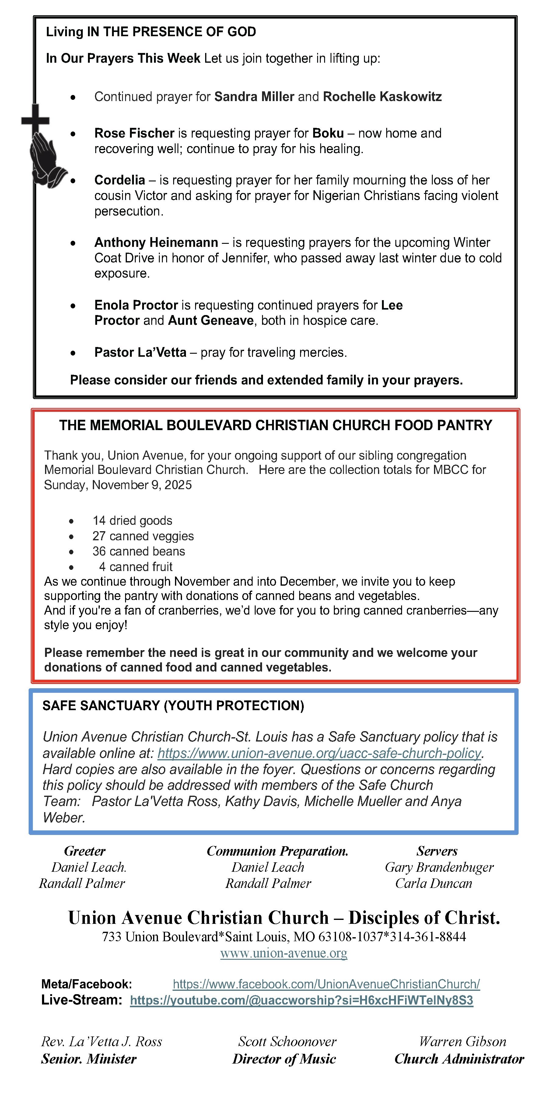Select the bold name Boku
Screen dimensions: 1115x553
(328, 133)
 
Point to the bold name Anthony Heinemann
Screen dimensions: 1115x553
(156, 242)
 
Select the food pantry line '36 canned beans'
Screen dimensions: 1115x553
(138, 552)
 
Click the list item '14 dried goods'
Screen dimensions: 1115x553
(132, 521)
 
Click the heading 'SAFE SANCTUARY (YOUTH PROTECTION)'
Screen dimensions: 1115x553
(173, 706)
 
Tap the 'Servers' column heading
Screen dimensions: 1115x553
(437, 851)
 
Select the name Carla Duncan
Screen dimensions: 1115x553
(434, 883)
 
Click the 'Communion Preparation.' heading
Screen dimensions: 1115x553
(277, 851)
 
